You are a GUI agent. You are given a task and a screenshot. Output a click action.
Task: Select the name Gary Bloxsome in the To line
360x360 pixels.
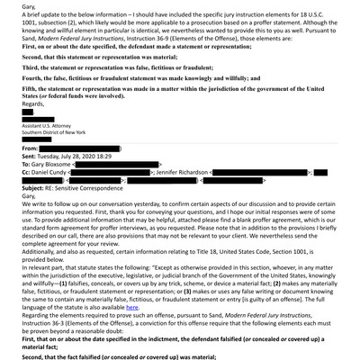click(x=40, y=188)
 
